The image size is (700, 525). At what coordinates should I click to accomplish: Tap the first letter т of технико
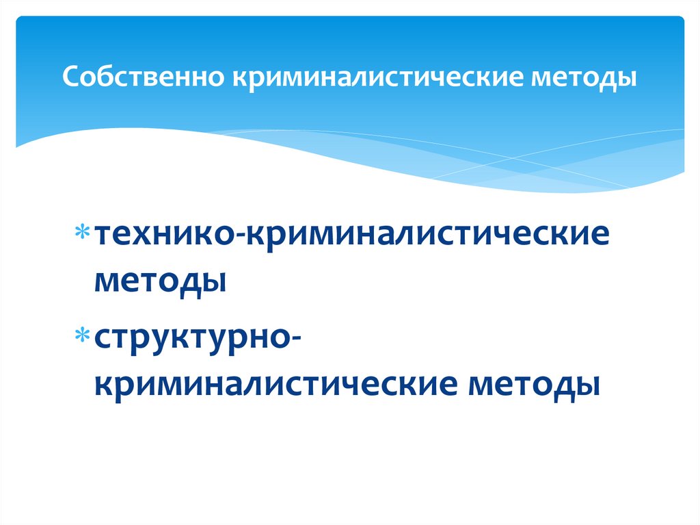coord(103,238)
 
